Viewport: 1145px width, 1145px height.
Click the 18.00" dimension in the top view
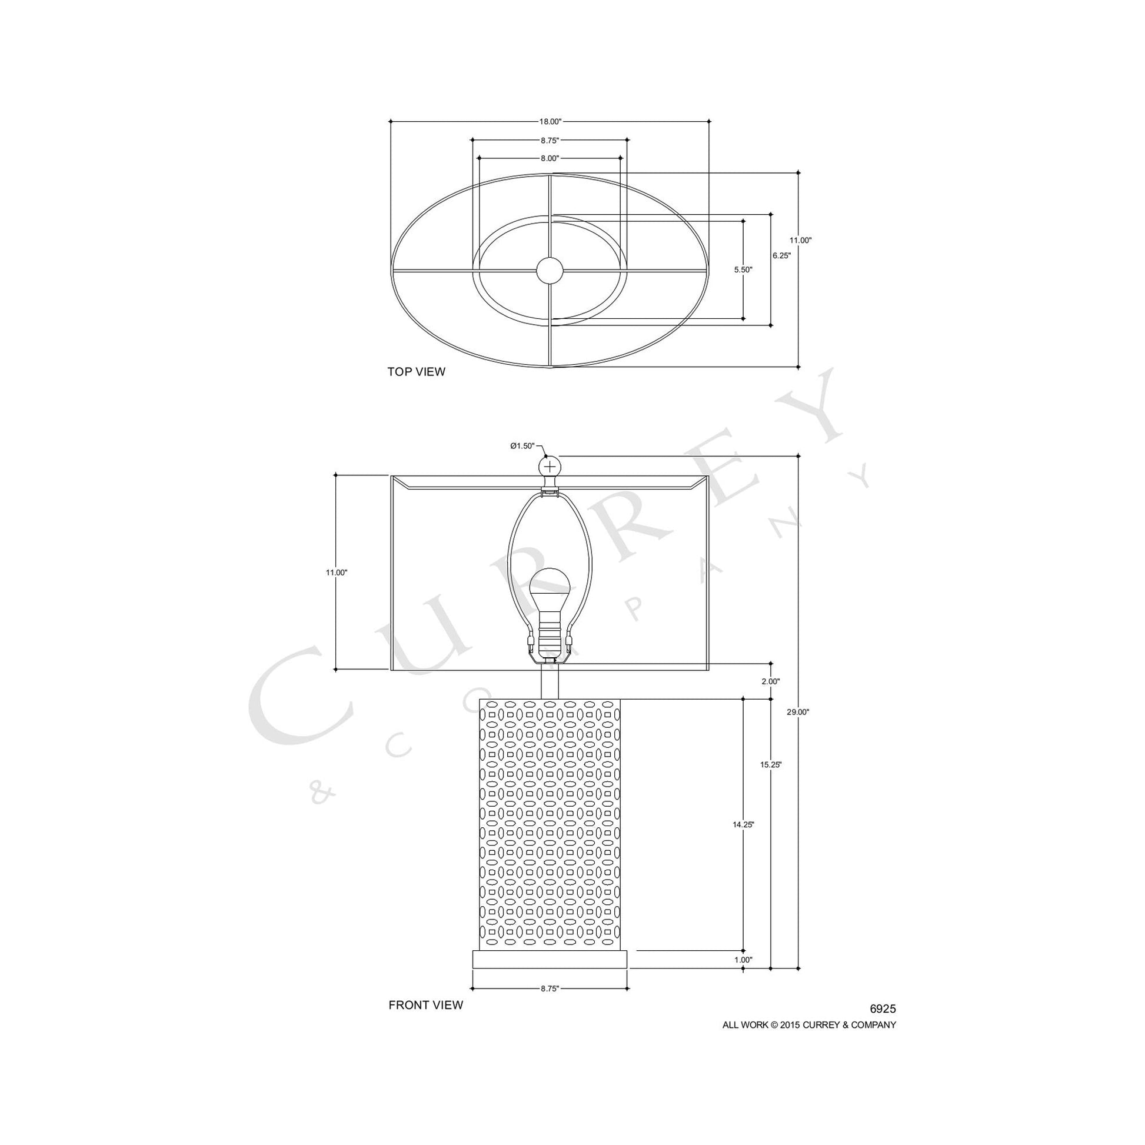tap(550, 121)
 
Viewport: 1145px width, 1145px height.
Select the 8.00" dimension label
tap(550, 158)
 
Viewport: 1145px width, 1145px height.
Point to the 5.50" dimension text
tap(743, 269)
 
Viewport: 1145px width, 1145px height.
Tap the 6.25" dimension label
tap(781, 256)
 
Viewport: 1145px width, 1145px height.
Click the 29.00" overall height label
tap(798, 713)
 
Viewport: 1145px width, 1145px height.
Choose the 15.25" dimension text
tap(771, 764)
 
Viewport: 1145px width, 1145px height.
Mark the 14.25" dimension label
tap(743, 824)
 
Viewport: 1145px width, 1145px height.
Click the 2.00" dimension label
tap(770, 681)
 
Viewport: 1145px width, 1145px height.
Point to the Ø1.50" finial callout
tap(522, 445)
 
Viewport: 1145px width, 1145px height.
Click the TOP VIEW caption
tap(416, 372)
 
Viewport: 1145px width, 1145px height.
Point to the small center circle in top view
tap(550, 270)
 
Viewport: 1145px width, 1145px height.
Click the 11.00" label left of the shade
tap(336, 572)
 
